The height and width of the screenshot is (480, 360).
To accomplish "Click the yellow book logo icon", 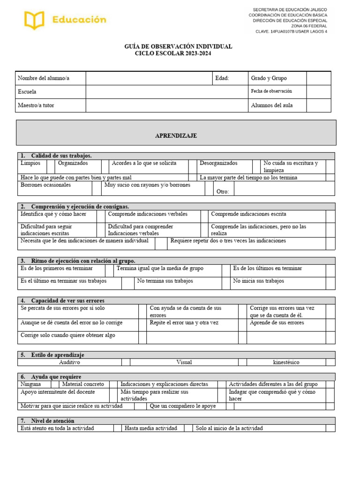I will pyautogui.click(x=34, y=20).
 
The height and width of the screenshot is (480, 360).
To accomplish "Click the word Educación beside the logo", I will pyautogui.click(x=79, y=20).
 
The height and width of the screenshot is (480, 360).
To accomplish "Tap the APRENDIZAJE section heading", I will pyautogui.click(x=176, y=135).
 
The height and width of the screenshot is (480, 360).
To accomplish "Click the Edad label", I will pyautogui.click(x=222, y=78).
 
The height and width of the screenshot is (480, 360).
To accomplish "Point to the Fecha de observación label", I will pyautogui.click(x=271, y=91).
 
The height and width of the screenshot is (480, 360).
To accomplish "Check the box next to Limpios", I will pyautogui.click(x=51, y=166).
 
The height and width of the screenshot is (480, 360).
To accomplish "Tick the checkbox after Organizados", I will pyautogui.click(x=105, y=166).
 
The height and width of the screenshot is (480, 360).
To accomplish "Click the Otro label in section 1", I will pyautogui.click(x=222, y=191).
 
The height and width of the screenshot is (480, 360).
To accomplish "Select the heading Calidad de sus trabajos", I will pyautogui.click(x=61, y=156).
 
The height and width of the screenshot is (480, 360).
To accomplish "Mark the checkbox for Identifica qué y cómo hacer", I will pyautogui.click(x=101, y=216).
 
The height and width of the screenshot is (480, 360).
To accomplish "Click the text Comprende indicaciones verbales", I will pyautogui.click(x=148, y=214).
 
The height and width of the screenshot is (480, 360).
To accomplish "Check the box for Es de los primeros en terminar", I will pyautogui.click(x=109, y=270).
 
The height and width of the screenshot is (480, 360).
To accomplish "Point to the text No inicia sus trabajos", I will pyautogui.click(x=258, y=281).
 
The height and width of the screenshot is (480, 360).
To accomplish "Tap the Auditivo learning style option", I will pyautogui.click(x=69, y=362).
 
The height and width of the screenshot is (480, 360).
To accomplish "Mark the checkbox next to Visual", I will pyautogui.click(x=242, y=362).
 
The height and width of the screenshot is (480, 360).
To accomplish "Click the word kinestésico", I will pyautogui.click(x=285, y=362).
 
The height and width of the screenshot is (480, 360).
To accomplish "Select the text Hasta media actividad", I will pyautogui.click(x=150, y=428).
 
